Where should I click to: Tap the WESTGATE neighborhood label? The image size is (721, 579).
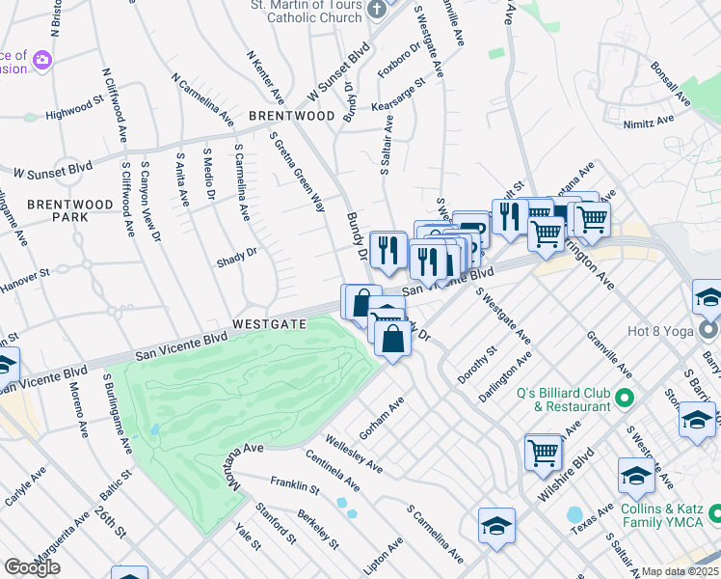click(270, 324)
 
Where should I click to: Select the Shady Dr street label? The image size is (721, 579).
click(237, 254)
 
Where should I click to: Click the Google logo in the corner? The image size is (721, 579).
click(32, 567)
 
